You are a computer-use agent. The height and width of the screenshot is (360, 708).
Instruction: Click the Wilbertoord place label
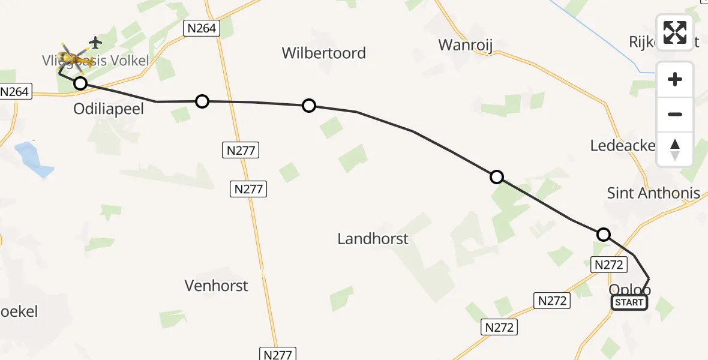323,53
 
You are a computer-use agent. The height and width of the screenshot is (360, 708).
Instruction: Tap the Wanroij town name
466,45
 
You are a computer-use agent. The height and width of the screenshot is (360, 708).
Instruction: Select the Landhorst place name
373,238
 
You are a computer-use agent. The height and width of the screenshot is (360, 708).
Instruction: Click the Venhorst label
216,286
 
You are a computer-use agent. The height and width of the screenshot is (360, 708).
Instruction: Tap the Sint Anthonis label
653,193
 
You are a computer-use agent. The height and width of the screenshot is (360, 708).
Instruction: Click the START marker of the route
629,302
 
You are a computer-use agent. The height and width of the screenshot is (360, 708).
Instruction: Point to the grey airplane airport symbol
95,43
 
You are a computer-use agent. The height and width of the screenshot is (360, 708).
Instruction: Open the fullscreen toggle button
675,32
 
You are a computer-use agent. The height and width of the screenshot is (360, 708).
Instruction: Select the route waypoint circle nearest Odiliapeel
80,83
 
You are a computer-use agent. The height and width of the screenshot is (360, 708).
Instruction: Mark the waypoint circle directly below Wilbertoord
308,106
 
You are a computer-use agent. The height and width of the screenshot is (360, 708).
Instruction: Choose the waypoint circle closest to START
604,235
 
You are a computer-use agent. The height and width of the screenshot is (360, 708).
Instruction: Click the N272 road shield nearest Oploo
609,265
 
